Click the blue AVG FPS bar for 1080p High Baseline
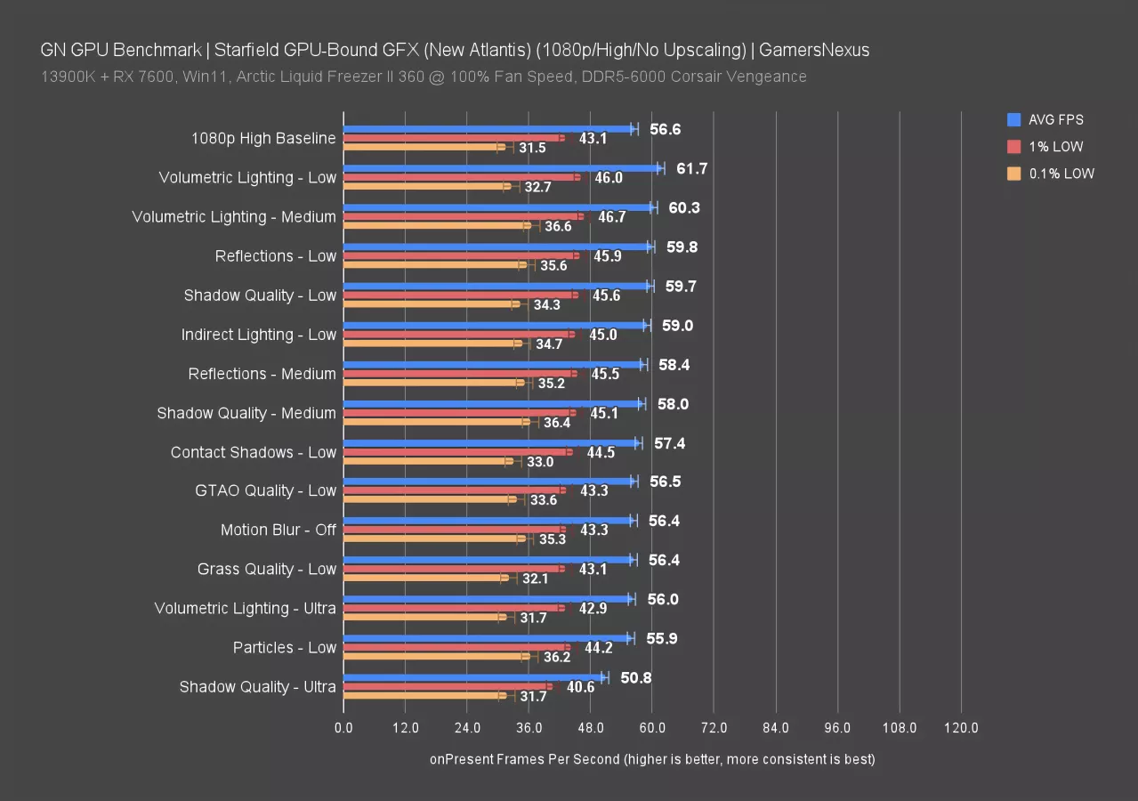point(489,129)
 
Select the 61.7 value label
point(691,168)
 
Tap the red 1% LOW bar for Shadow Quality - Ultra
point(448,686)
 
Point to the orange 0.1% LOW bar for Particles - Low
point(436,657)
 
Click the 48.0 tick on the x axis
point(591,728)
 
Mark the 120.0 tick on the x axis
point(961,728)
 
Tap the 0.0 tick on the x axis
point(343,728)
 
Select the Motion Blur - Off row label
point(278,530)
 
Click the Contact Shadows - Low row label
point(254,452)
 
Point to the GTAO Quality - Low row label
point(266,490)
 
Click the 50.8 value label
point(636,677)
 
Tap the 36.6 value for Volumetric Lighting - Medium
point(559,227)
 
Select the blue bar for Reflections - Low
point(498,247)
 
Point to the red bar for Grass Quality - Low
point(454,569)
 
